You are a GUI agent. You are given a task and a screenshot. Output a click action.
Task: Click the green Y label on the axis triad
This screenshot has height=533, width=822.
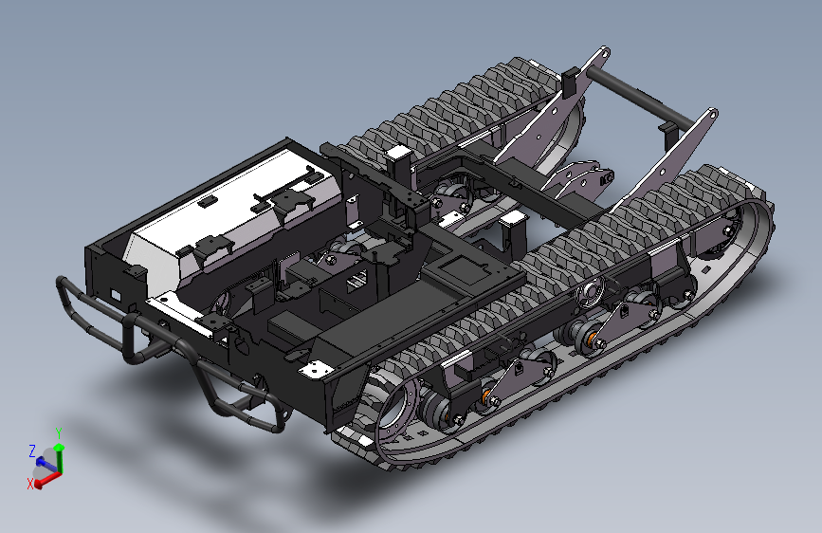point(59,433)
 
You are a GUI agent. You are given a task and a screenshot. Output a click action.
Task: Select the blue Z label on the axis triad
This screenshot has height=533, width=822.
point(32,450)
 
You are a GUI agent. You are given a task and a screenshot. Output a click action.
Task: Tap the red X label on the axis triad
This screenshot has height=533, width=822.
point(30,484)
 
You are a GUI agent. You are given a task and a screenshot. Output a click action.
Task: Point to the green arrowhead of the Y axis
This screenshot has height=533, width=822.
point(59,447)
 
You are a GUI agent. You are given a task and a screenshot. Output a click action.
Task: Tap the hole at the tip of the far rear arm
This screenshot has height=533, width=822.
point(605,53)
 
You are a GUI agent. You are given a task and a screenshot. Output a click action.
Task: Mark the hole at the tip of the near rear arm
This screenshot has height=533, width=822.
point(713,114)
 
